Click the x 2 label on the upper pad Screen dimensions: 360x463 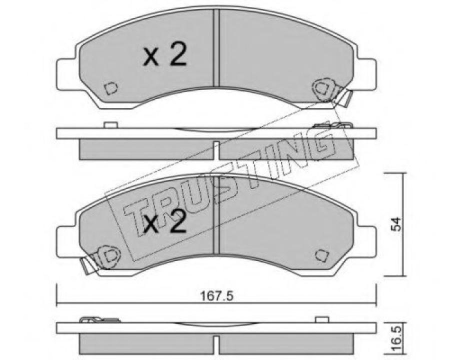[x=165, y=56]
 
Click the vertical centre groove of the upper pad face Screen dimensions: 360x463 [x=217, y=47]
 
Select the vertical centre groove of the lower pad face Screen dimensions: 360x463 [x=217, y=215]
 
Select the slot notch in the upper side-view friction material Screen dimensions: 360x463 [x=216, y=149]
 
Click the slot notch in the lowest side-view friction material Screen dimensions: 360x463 [x=216, y=343]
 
